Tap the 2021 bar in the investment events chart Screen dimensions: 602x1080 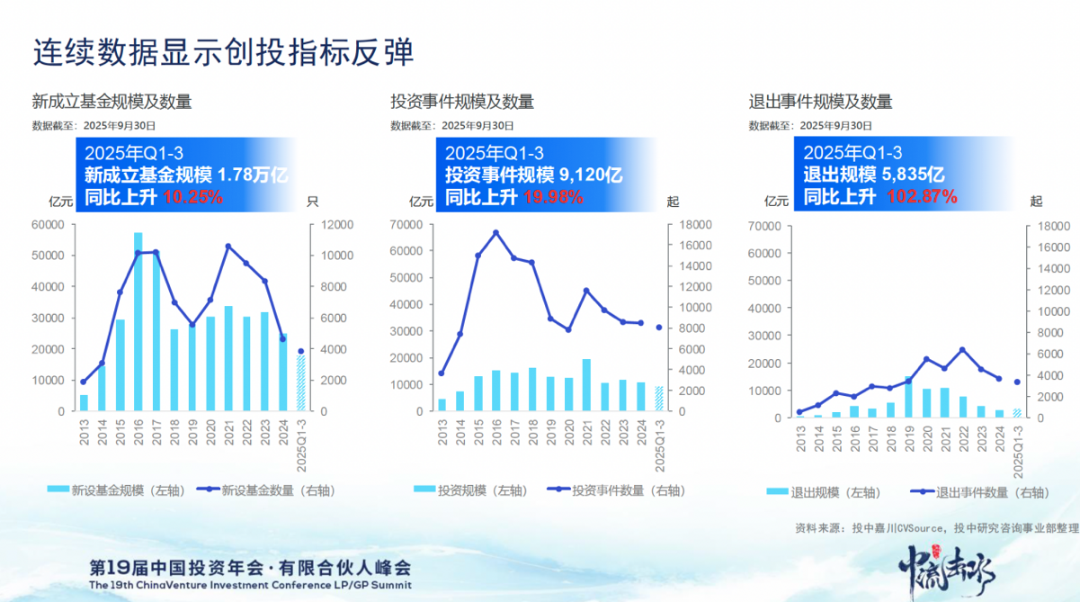tap(586, 385)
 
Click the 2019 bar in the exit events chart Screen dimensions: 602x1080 tap(908, 397)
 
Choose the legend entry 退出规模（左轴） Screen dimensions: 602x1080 tap(824, 492)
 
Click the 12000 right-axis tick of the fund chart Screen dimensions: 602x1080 tap(326, 224)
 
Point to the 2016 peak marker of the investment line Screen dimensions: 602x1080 tap(495, 232)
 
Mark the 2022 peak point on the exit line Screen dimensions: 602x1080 tap(962, 349)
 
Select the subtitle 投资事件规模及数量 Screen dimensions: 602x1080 tap(462, 102)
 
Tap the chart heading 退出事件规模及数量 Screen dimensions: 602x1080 tap(820, 102)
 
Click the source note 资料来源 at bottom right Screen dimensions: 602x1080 tap(936, 527)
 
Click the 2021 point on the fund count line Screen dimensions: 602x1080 tap(228, 246)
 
